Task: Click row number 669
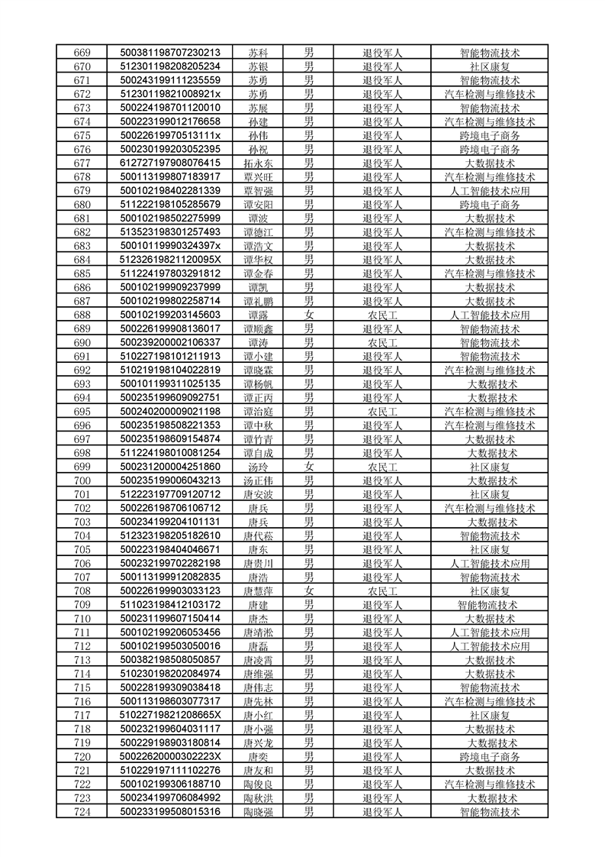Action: [82, 53]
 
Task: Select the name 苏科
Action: [258, 53]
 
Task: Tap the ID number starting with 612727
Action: [170, 163]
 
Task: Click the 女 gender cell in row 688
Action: [309, 315]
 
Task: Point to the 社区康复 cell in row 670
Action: [489, 66]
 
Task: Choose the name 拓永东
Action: [258, 163]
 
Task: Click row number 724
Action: [82, 812]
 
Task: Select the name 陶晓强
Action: [258, 812]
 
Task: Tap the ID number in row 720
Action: [170, 756]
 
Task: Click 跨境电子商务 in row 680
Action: [489, 205]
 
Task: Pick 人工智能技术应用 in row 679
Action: [489, 191]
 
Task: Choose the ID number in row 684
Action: [170, 260]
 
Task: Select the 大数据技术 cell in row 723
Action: [489, 798]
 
